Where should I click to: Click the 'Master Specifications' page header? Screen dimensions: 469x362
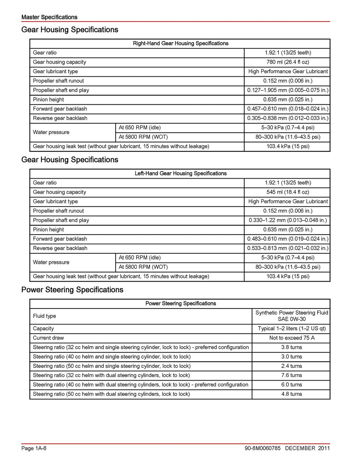pyautogui.click(x=49, y=17)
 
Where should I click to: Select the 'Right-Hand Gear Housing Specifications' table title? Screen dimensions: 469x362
pyautogui.click(x=180, y=44)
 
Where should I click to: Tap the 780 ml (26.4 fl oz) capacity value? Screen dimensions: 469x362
pyautogui.click(x=287, y=62)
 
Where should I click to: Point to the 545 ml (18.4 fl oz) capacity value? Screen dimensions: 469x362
pyautogui.click(x=287, y=192)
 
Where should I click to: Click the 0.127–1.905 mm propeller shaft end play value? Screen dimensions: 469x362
pyautogui.click(x=287, y=90)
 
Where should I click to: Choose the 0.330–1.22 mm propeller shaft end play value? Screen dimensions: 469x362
pyautogui.click(x=287, y=220)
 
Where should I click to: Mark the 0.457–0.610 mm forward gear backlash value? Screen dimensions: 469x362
pyautogui.click(x=287, y=109)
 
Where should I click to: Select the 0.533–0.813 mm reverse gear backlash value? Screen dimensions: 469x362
pyautogui.click(x=287, y=248)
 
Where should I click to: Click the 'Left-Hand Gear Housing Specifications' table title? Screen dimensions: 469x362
pyautogui.click(x=180, y=173)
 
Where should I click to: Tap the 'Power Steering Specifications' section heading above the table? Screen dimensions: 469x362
pyautogui.click(x=72, y=290)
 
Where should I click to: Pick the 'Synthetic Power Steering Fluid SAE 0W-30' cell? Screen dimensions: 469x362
pyautogui.click(x=292, y=316)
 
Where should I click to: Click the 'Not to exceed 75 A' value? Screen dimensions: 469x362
pyautogui.click(x=292, y=338)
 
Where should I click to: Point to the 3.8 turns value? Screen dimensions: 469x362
pyautogui.click(x=292, y=347)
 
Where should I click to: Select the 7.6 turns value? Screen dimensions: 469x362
pyautogui.click(x=292, y=375)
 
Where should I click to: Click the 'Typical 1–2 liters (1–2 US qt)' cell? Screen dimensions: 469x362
pyautogui.click(x=292, y=329)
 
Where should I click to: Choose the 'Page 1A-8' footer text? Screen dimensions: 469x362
pyautogui.click(x=34, y=448)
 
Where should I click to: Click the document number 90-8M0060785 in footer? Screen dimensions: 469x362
pyautogui.click(x=262, y=448)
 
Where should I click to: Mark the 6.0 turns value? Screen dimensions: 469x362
pyautogui.click(x=292, y=385)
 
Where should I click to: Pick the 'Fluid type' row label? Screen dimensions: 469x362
pyautogui.click(x=45, y=316)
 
